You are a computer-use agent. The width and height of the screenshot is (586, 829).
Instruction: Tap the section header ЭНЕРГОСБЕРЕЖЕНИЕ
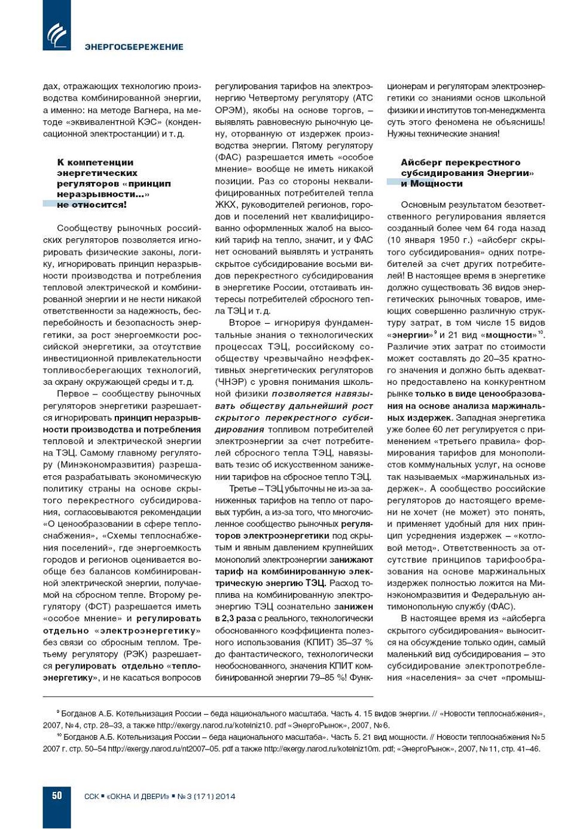[134, 47]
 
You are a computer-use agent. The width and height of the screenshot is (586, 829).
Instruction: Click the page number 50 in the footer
[57, 795]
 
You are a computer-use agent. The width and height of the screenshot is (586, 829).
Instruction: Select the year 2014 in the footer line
[225, 796]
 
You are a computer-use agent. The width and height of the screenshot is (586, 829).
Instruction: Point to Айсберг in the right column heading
[422, 162]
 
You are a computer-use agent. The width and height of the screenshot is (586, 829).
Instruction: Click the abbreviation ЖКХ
[225, 205]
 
